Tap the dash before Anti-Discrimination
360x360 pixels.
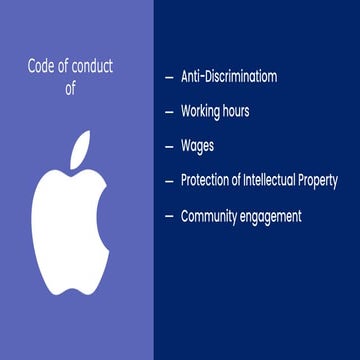click(x=168, y=77)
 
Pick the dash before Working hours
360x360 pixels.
click(x=168, y=112)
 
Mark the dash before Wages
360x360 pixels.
click(x=168, y=146)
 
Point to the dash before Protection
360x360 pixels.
click(x=168, y=181)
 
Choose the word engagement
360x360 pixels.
click(x=272, y=216)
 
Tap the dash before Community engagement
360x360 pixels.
click(x=168, y=216)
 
